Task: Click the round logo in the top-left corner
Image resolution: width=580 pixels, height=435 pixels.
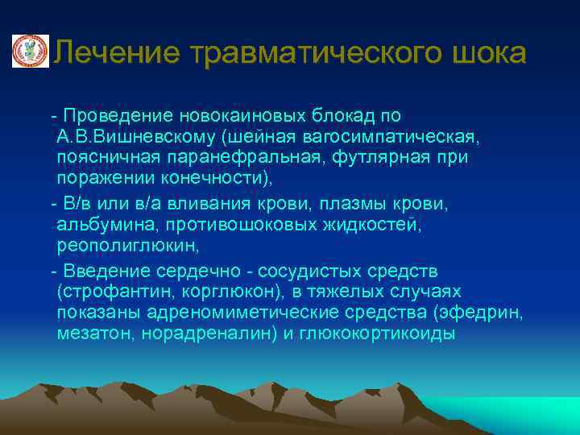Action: [x=30, y=52]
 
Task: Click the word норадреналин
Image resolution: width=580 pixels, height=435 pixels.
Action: [x=206, y=333]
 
